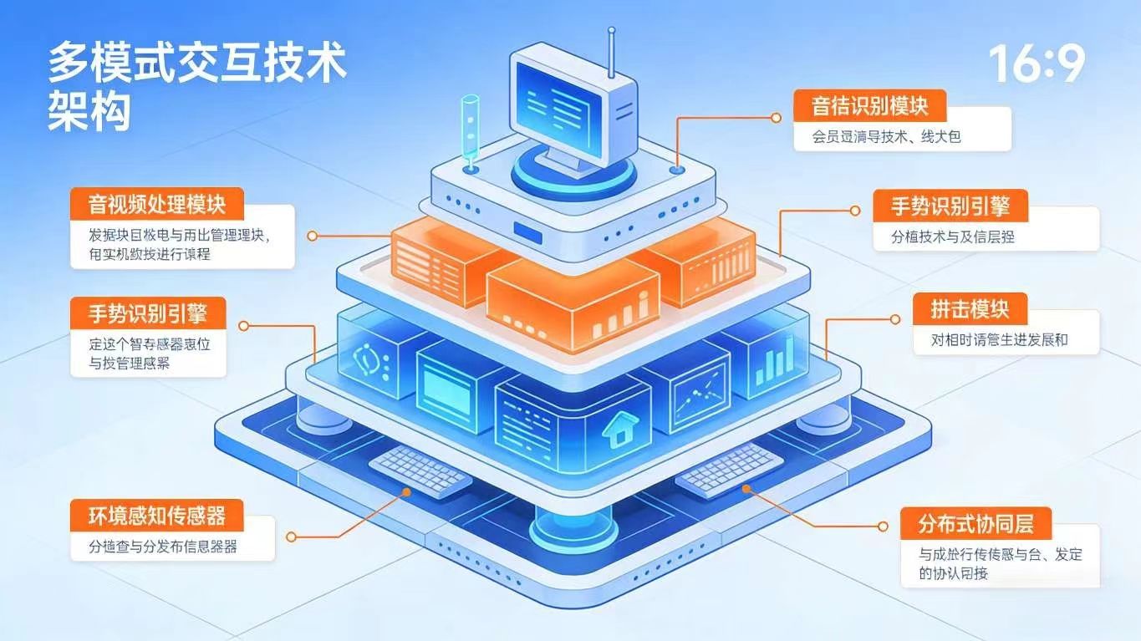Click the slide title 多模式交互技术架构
pyautogui.click(x=196, y=87)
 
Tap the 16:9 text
pyautogui.click(x=1037, y=64)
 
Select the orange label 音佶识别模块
pyautogui.click(x=869, y=107)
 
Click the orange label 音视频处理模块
pyautogui.click(x=156, y=204)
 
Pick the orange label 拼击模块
pyautogui.click(x=970, y=309)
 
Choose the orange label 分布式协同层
pyautogui.click(x=975, y=524)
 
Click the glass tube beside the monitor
pyautogui.click(x=470, y=130)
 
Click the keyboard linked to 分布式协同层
pyautogui.click(x=727, y=469)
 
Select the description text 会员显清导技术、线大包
pyautogui.click(x=887, y=137)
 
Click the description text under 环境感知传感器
pyautogui.click(x=164, y=547)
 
